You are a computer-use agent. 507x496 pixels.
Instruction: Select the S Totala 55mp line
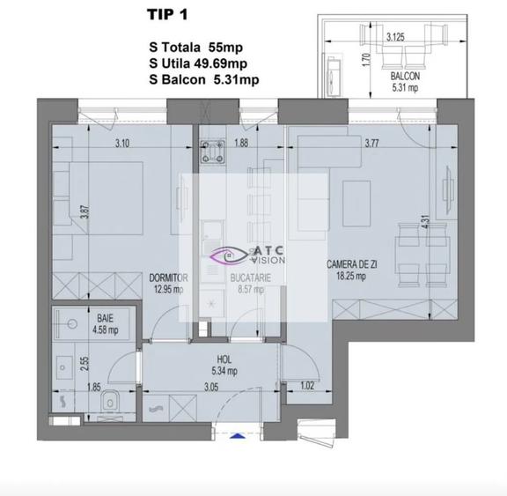[199, 47]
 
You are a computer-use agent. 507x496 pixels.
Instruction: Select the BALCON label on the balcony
[407, 75]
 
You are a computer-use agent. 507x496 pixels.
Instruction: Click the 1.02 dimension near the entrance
[306, 385]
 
